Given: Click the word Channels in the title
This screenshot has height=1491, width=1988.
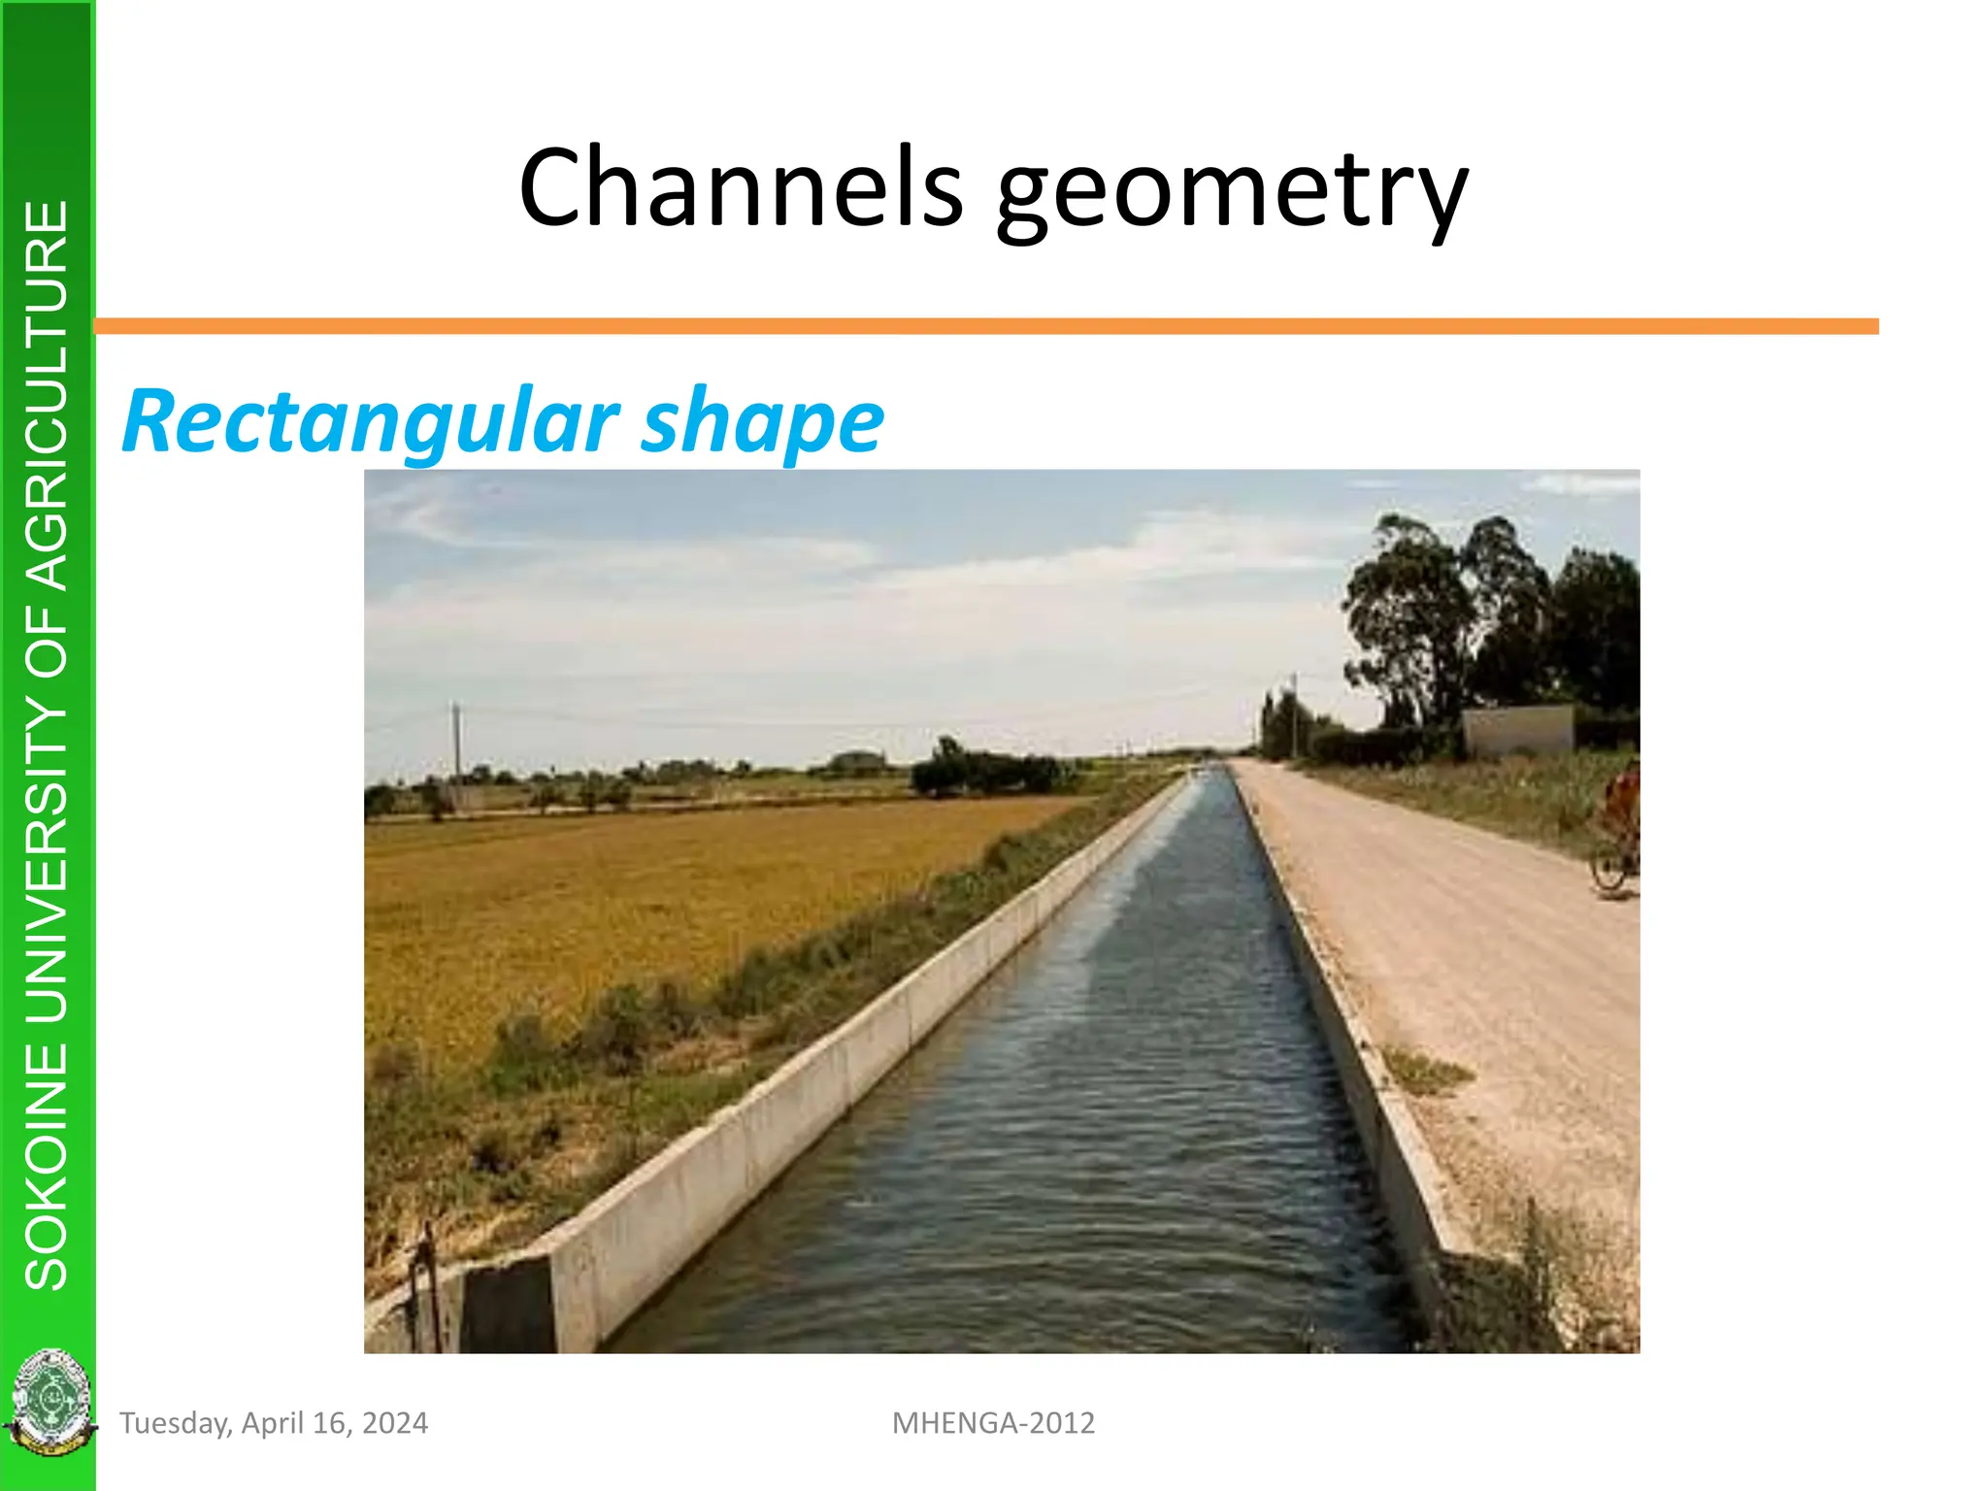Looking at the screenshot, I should (741, 186).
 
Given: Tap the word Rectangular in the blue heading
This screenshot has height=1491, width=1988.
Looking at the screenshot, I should (370, 421).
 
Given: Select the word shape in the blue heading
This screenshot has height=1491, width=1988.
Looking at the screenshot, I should (762, 423).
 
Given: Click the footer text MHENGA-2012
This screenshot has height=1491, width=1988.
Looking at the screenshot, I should (993, 1423).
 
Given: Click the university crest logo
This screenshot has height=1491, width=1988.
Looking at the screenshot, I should (49, 1402).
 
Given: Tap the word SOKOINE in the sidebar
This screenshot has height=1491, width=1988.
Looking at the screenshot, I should (47, 1165).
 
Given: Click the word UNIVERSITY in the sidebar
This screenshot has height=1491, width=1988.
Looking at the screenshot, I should (47, 854).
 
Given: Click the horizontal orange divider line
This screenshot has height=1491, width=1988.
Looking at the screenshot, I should (985, 326).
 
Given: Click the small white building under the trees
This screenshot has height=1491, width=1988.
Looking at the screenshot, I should (1517, 730).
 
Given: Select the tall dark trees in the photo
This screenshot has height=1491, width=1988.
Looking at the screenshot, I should (1485, 621).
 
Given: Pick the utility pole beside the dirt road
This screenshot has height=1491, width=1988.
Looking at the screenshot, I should (1294, 714).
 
